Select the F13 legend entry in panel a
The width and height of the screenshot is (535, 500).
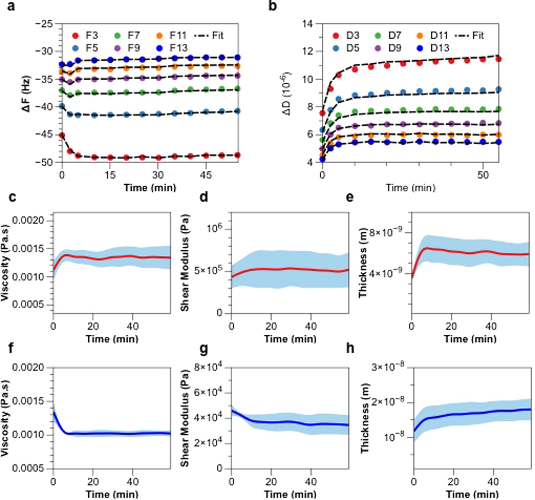click(x=173, y=48)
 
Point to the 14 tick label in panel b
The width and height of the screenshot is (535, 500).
click(x=308, y=24)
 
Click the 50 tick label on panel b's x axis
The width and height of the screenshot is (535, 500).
click(x=483, y=175)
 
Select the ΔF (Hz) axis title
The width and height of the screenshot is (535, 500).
click(x=26, y=93)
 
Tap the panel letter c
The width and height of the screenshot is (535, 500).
click(x=12, y=197)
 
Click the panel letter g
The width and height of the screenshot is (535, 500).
click(x=204, y=349)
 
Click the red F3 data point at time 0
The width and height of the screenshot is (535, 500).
click(x=62, y=135)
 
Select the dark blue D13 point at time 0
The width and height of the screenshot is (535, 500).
click(x=322, y=159)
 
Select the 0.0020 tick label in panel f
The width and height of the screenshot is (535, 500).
click(x=29, y=368)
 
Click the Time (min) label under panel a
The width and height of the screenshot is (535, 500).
click(x=150, y=187)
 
